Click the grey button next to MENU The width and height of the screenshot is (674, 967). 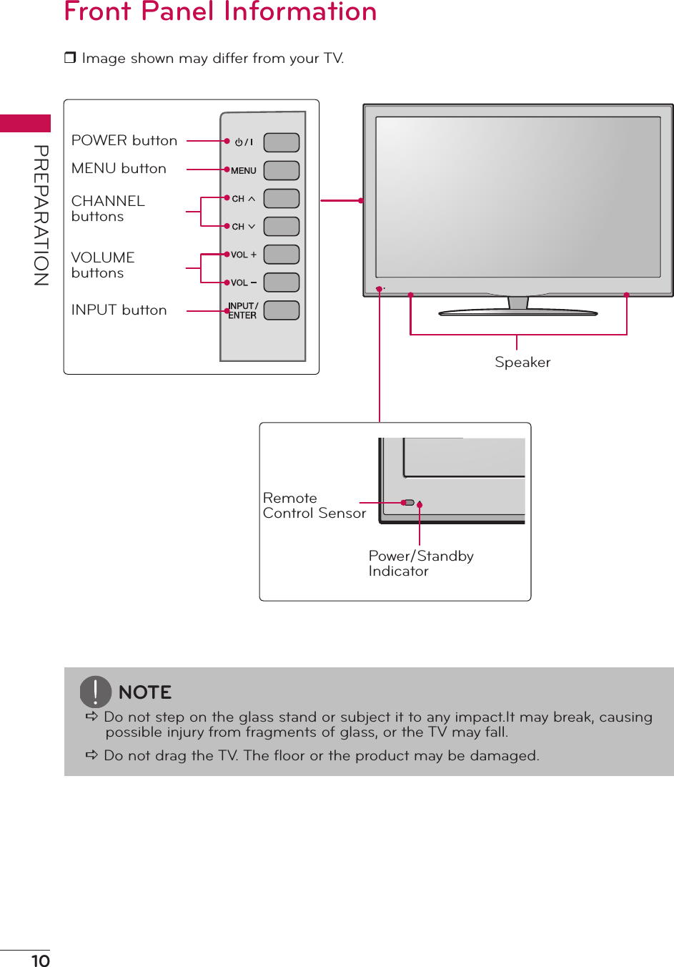pyautogui.click(x=281, y=170)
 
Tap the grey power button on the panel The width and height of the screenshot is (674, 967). pyautogui.click(x=281, y=142)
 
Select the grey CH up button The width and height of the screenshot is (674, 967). pyautogui.click(x=281, y=198)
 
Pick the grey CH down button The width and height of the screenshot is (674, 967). pyautogui.click(x=281, y=226)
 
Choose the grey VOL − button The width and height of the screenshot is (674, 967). pyautogui.click(x=281, y=283)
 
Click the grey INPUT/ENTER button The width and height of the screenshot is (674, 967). pyautogui.click(x=281, y=310)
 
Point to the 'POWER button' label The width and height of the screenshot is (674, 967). pyautogui.click(x=124, y=140)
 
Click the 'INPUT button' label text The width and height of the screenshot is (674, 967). pyautogui.click(x=119, y=310)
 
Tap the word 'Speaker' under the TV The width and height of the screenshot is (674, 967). pyautogui.click(x=522, y=363)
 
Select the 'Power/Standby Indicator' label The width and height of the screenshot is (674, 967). pyautogui.click(x=420, y=563)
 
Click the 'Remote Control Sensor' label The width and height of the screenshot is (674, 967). pyautogui.click(x=314, y=506)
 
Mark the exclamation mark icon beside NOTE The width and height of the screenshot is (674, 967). pyautogui.click(x=95, y=692)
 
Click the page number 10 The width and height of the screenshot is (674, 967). pyautogui.click(x=41, y=961)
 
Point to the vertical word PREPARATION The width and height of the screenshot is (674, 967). pyautogui.click(x=41, y=215)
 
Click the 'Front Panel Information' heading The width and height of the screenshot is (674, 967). pyautogui.click(x=220, y=12)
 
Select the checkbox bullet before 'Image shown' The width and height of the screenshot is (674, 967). pyautogui.click(x=70, y=58)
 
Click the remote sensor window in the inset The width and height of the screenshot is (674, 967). pyautogui.click(x=409, y=503)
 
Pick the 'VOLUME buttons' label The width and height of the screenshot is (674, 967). pyautogui.click(x=103, y=265)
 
